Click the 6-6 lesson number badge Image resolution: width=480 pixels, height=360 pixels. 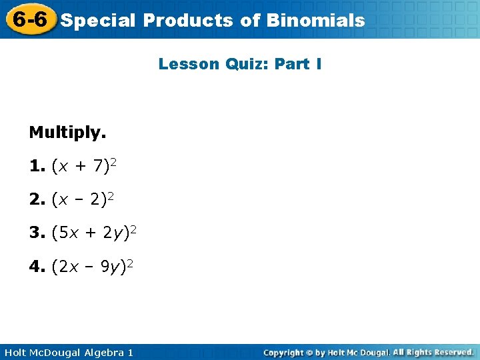(29, 19)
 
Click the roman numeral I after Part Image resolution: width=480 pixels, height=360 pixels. (319, 65)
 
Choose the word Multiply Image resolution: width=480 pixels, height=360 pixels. (67, 133)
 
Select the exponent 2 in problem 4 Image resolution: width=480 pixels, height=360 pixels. (131, 264)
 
